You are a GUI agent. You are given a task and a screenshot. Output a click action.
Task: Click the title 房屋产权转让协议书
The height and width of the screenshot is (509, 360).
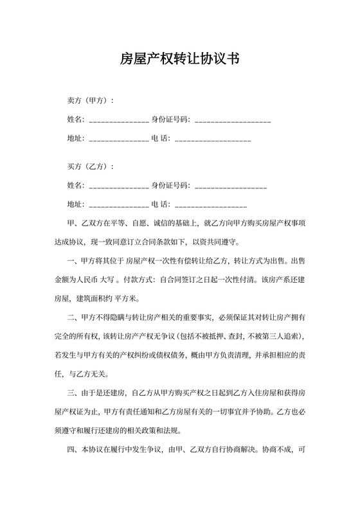180,60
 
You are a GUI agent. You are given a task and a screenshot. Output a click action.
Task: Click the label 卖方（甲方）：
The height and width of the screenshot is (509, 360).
91,101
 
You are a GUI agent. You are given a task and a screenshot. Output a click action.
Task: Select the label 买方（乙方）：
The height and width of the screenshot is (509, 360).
91,167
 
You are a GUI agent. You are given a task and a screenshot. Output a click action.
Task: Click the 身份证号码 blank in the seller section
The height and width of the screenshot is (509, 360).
232,121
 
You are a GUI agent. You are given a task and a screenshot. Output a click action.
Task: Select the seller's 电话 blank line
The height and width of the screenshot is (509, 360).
213,139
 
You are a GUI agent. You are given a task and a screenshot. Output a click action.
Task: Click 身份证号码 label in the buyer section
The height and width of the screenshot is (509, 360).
170,186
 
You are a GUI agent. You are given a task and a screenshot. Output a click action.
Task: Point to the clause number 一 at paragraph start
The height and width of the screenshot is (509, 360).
71,262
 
